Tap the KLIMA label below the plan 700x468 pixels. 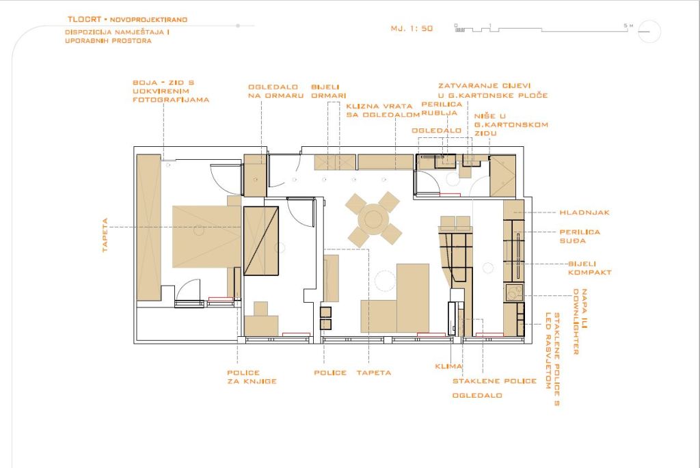point(448,366)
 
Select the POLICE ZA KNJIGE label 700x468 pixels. point(252,377)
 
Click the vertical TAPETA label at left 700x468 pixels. point(105,235)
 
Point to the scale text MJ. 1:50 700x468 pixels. point(412,29)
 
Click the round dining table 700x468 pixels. point(373,219)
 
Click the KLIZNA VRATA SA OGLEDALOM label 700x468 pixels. point(383,111)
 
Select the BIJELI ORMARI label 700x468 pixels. point(329,92)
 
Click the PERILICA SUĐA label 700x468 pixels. point(580,236)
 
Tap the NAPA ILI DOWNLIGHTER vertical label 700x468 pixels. point(580,322)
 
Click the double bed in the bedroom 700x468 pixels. point(206,236)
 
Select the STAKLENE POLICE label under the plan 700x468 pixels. point(495,381)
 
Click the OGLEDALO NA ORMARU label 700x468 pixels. point(276,92)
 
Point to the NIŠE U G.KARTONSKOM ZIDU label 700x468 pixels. point(511,125)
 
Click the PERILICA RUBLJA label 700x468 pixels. point(442,109)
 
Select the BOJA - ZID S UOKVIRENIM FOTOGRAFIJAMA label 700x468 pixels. point(171,92)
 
